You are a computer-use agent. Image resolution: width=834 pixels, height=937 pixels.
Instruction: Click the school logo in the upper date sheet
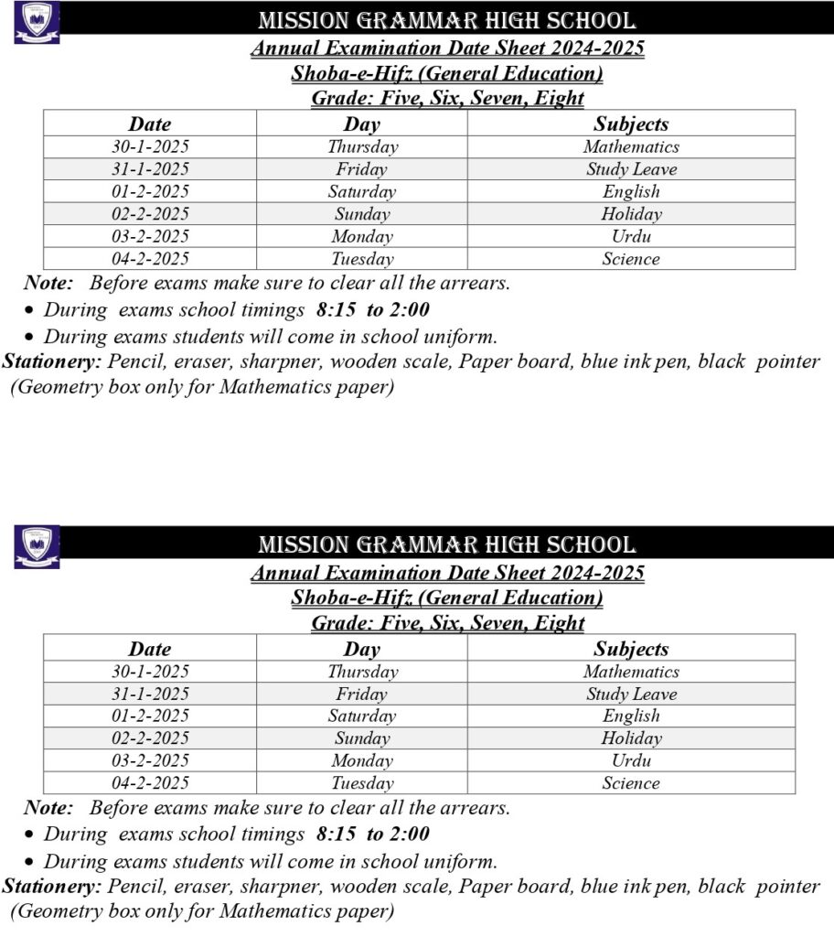click(37, 23)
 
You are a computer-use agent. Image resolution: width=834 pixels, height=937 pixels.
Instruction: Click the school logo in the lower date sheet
click(37, 546)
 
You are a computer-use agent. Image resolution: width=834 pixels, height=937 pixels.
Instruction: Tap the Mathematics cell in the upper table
click(631, 146)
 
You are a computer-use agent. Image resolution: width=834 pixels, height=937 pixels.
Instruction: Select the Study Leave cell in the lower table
click(631, 694)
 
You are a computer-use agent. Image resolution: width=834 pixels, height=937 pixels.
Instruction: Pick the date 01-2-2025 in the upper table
click(150, 191)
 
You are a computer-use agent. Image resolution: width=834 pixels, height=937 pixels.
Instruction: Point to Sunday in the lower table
click(362, 738)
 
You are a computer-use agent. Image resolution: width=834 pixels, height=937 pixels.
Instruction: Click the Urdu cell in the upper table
click(631, 236)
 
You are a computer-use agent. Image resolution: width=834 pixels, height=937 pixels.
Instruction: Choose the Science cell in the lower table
click(631, 783)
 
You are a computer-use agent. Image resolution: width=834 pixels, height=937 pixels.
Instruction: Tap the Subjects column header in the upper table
click(631, 124)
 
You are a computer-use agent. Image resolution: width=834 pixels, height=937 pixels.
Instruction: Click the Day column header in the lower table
click(362, 649)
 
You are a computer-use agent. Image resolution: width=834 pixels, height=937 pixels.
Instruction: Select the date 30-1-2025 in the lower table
click(150, 672)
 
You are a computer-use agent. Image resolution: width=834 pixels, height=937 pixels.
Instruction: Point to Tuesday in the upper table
click(362, 259)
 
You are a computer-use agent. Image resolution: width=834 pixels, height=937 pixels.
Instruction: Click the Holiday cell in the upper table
click(631, 214)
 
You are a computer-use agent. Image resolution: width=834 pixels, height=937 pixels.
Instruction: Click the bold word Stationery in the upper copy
click(51, 361)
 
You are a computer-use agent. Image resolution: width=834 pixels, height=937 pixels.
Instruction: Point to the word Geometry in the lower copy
click(55, 911)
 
